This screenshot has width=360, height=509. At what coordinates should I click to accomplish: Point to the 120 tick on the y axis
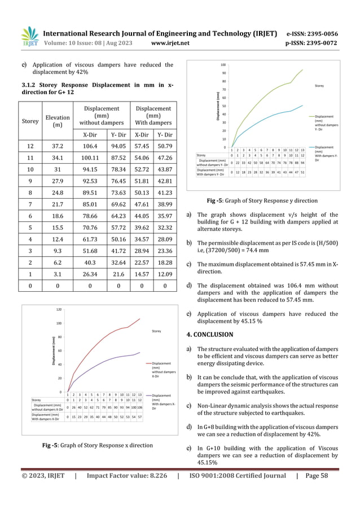tap(58, 310)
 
